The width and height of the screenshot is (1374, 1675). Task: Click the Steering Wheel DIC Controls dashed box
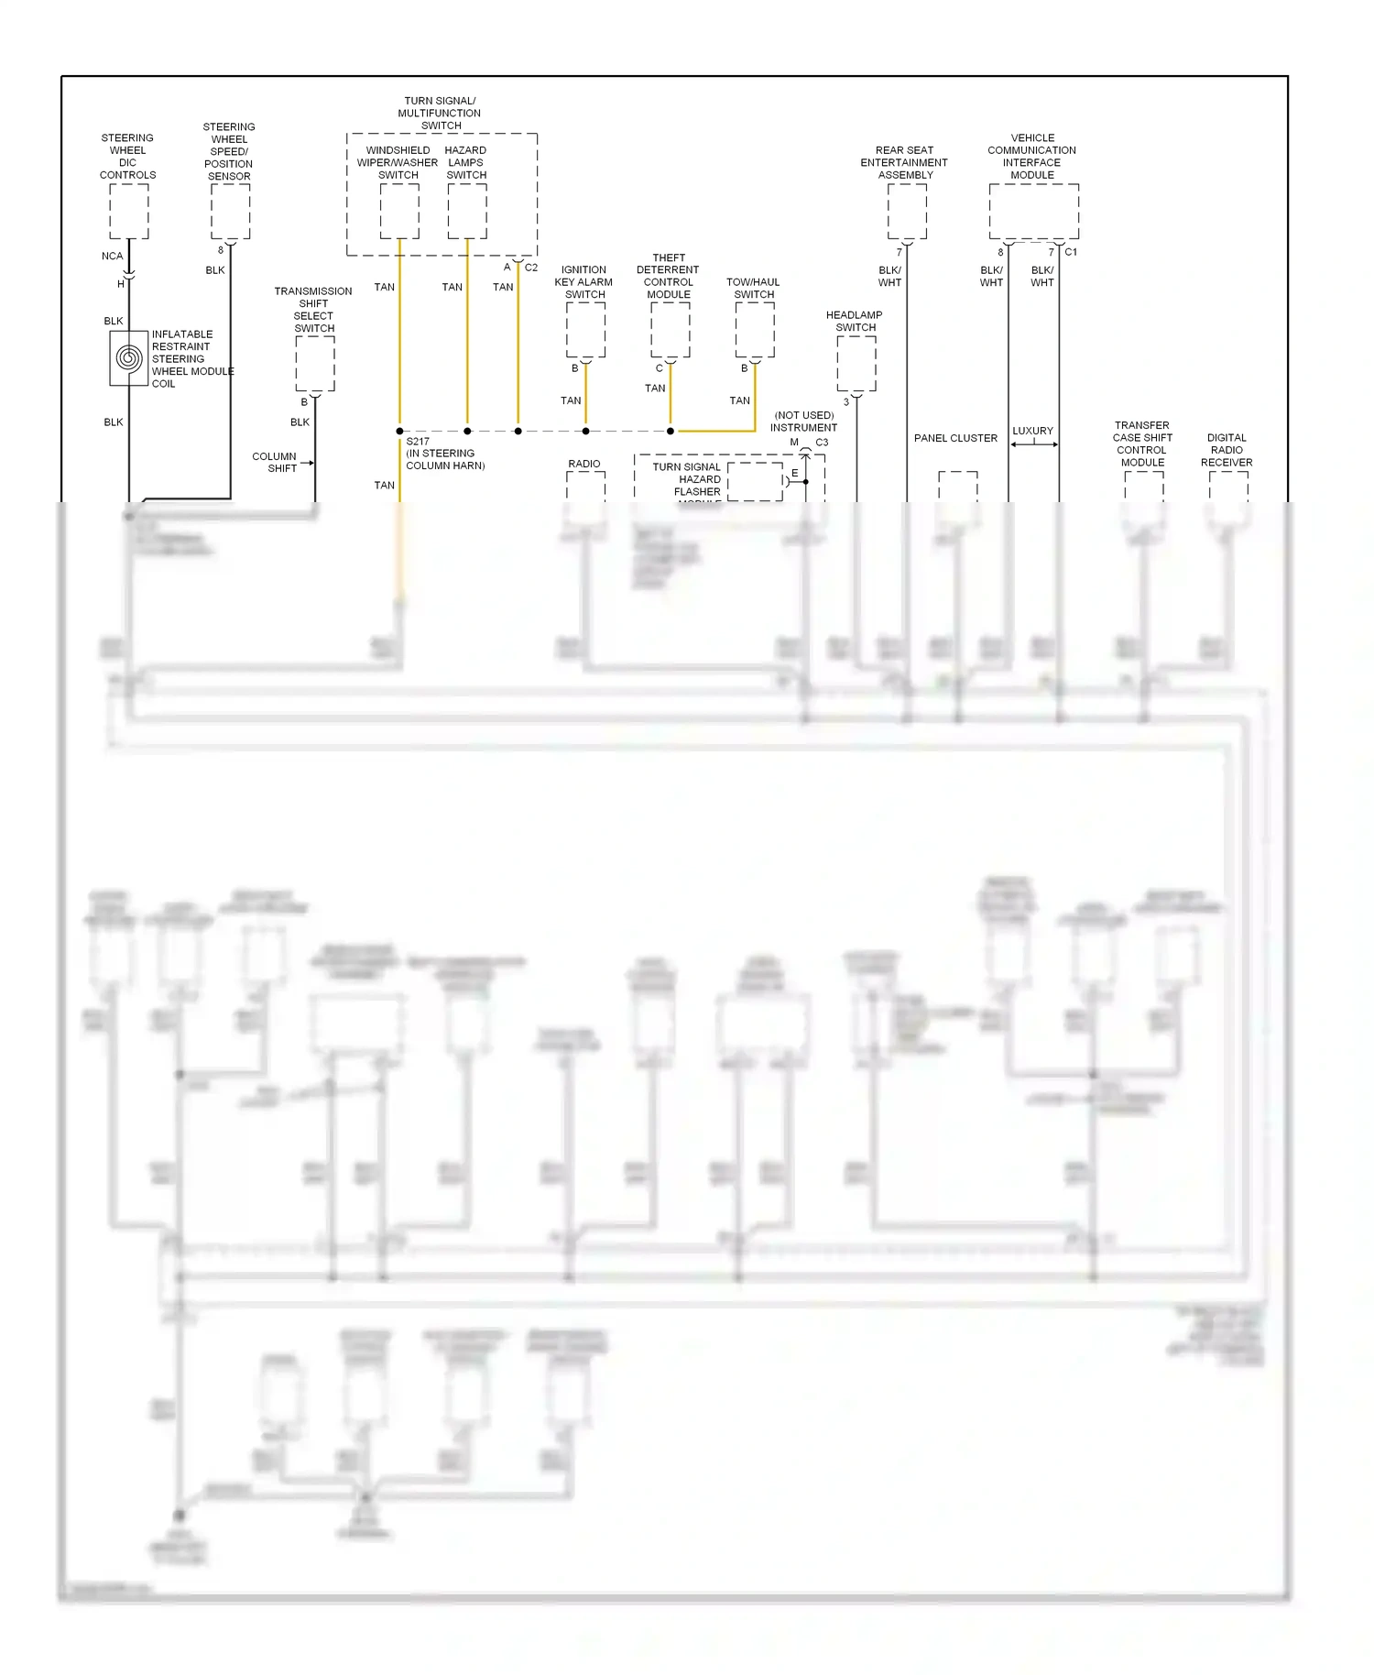pyautogui.click(x=129, y=212)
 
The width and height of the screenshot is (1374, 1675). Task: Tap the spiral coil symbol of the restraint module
pyautogui.click(x=129, y=358)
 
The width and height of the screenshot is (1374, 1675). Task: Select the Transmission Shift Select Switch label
pyautogui.click(x=313, y=310)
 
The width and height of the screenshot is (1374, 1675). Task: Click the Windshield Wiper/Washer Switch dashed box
pyautogui.click(x=399, y=212)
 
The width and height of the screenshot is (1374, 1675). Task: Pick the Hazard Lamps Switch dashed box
pyautogui.click(x=467, y=212)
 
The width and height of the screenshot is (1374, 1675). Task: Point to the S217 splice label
pyautogui.click(x=418, y=442)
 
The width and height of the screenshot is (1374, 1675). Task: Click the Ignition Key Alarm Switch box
pyautogui.click(x=585, y=330)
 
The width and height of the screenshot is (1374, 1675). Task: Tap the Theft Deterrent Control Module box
pyautogui.click(x=671, y=330)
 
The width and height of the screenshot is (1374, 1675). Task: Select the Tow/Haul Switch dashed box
pyautogui.click(x=755, y=330)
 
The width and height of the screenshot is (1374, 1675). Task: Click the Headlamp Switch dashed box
pyautogui.click(x=856, y=364)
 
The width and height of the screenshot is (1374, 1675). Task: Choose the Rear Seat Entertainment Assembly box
pyautogui.click(x=907, y=212)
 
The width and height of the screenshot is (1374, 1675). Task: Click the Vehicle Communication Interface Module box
pyautogui.click(x=1033, y=212)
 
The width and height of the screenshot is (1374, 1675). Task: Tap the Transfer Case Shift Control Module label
pyautogui.click(x=1142, y=444)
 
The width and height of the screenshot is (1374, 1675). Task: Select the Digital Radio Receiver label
pyautogui.click(x=1227, y=450)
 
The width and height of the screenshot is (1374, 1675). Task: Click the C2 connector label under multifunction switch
pyautogui.click(x=531, y=268)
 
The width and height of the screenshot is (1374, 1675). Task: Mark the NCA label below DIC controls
pyautogui.click(x=112, y=257)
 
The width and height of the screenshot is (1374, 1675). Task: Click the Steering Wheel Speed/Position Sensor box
pyautogui.click(x=230, y=212)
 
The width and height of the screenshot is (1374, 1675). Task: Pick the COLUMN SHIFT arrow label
pyautogui.click(x=276, y=462)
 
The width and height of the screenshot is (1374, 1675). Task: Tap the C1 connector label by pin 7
pyautogui.click(x=1071, y=252)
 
